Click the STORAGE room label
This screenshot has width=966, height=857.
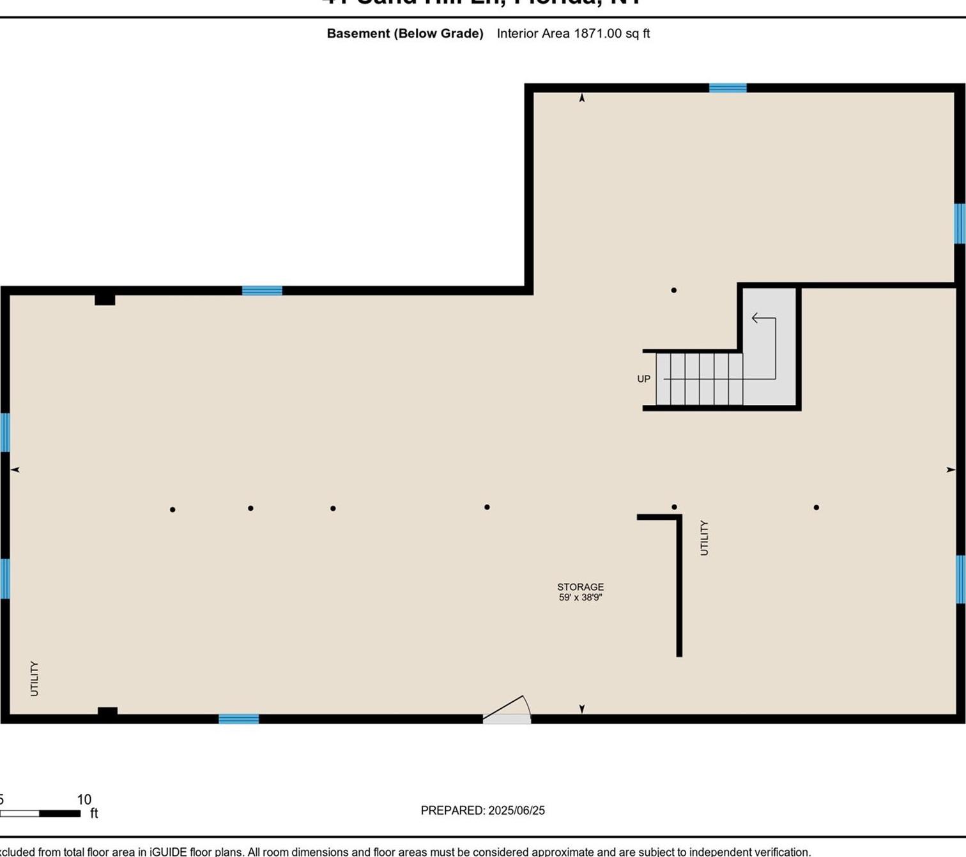click(580, 587)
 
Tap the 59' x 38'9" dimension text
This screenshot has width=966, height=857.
click(580, 598)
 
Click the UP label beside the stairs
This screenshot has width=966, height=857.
click(643, 379)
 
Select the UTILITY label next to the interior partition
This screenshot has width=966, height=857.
click(704, 538)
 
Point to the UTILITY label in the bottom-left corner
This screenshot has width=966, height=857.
click(34, 678)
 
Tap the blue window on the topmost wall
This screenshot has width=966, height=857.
click(728, 88)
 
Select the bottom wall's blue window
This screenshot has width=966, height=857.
click(239, 719)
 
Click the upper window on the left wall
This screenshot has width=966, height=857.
click(5, 432)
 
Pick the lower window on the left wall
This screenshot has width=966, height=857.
click(5, 579)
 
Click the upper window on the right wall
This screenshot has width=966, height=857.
click(959, 224)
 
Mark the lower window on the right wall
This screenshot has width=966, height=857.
click(960, 579)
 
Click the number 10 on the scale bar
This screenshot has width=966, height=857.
click(84, 800)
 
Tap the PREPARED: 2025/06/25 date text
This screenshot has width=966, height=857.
click(482, 810)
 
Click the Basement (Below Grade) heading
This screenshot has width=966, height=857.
click(405, 33)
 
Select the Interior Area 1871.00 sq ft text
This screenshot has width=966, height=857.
click(573, 33)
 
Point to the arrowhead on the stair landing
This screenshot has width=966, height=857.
click(755, 318)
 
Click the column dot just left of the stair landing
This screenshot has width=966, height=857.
click(673, 291)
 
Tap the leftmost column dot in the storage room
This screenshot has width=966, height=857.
click(172, 510)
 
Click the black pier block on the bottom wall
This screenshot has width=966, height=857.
click(107, 712)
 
